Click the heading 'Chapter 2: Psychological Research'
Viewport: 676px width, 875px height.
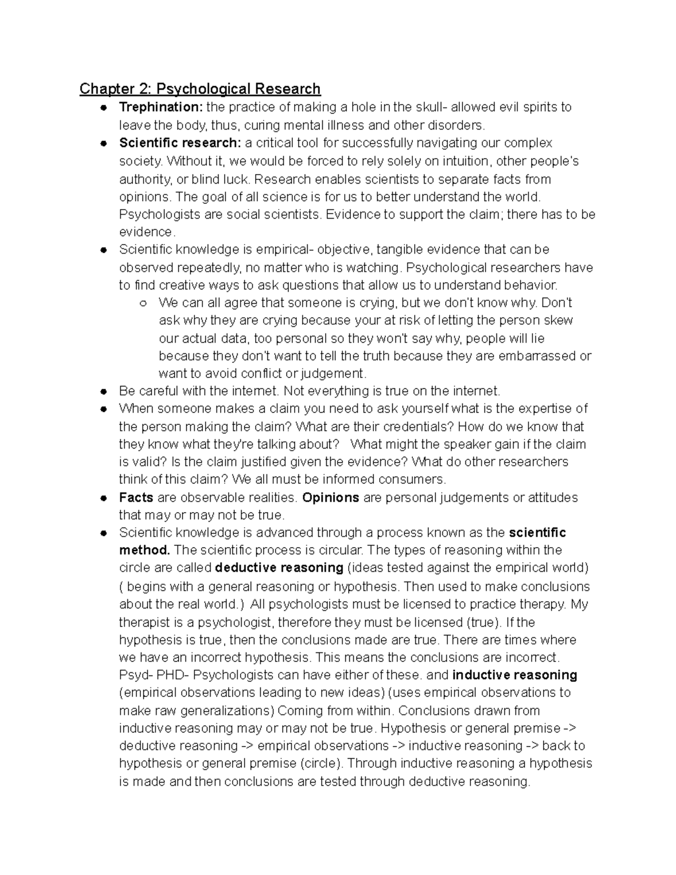coord(200,89)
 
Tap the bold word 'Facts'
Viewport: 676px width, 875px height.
coord(136,498)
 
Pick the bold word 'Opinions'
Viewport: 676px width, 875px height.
coord(331,498)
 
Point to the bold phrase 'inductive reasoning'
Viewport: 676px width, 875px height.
coord(514,675)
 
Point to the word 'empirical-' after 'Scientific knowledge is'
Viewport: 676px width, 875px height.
coord(284,250)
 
